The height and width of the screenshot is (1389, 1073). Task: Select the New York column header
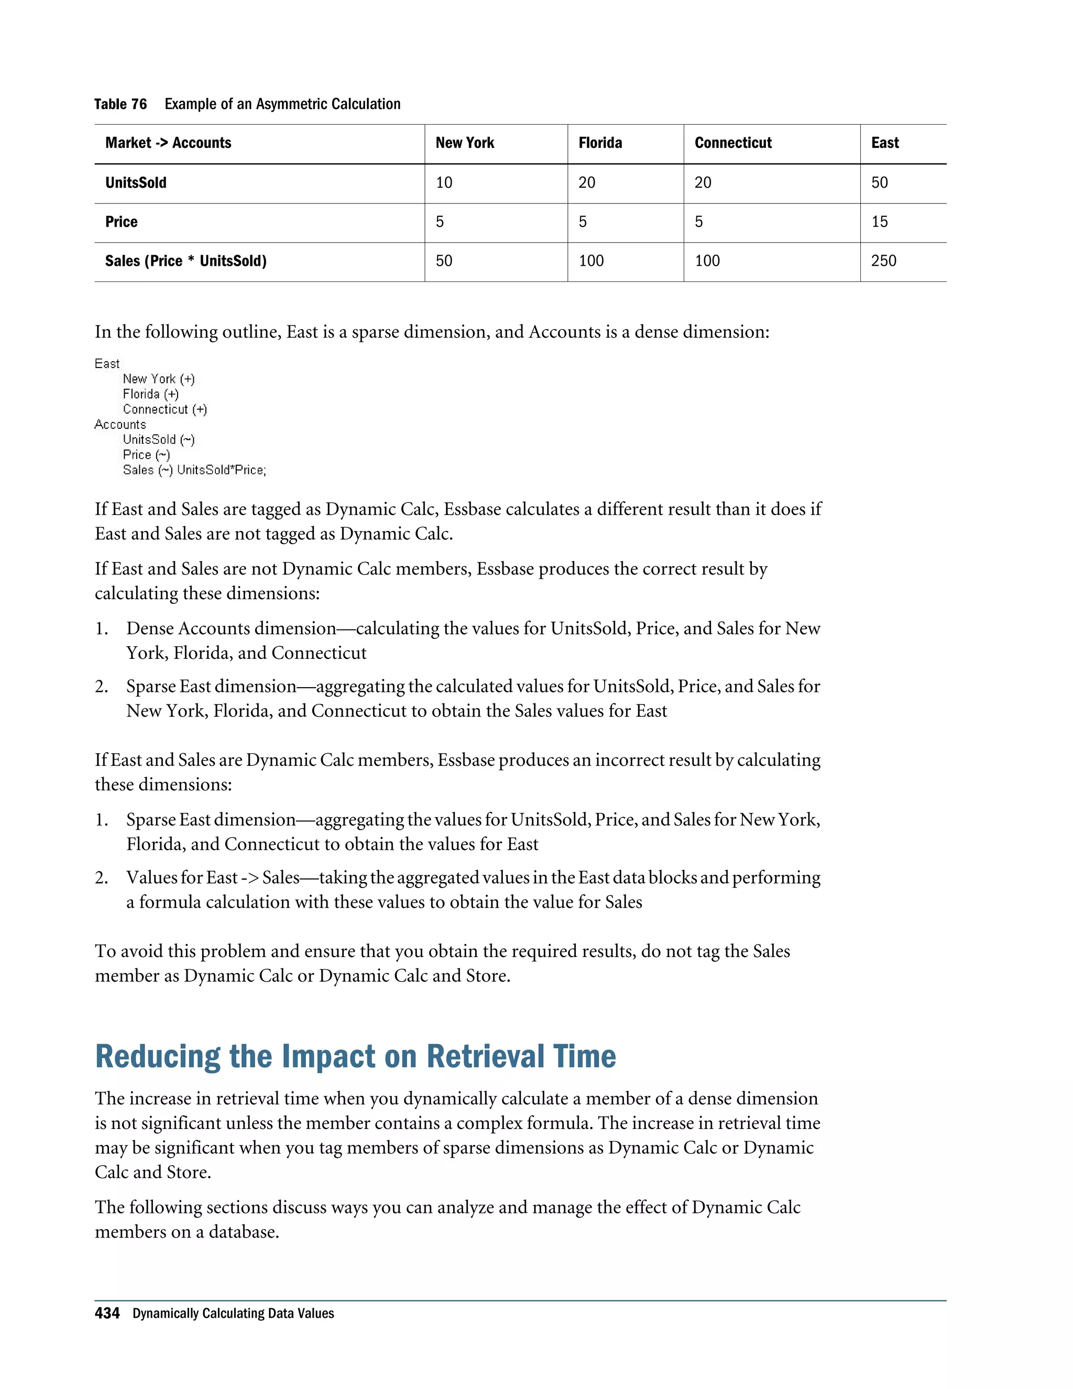(x=465, y=143)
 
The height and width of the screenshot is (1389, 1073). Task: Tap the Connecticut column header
(x=732, y=143)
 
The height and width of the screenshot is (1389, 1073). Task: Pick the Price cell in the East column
(x=879, y=222)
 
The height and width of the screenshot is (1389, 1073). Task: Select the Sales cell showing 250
(x=883, y=261)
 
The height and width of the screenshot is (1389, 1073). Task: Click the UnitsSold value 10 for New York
(x=444, y=183)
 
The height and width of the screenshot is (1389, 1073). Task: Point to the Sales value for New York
(x=444, y=261)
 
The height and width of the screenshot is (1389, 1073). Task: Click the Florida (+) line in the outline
(x=151, y=394)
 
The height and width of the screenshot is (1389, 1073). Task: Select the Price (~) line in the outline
(x=146, y=455)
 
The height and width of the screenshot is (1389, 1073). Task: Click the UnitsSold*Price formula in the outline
(x=221, y=470)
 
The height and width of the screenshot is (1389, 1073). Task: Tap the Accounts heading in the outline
(x=120, y=424)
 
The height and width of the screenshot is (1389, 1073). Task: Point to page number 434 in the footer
(x=107, y=1314)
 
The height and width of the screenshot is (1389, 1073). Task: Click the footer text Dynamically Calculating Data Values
(x=233, y=1314)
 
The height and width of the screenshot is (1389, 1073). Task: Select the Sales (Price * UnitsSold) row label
(x=185, y=261)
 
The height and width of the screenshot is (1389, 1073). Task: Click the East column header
(x=884, y=143)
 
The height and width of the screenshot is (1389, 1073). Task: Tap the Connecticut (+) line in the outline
(x=165, y=409)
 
